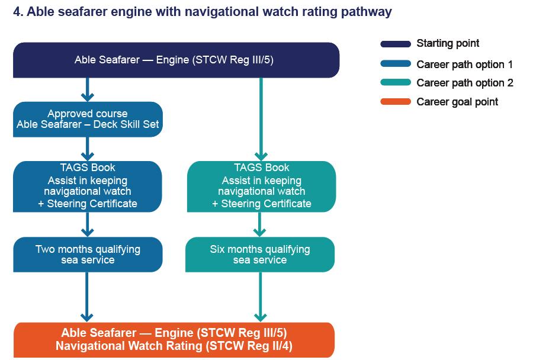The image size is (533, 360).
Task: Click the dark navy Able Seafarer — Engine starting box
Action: tap(176, 60)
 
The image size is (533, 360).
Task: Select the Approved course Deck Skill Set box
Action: tap(88, 119)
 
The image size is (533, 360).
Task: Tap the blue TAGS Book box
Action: tap(88, 186)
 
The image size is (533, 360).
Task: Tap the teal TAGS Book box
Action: tap(261, 186)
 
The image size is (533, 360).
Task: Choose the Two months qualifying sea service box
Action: tap(88, 255)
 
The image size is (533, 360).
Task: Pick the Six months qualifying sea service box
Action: tap(260, 255)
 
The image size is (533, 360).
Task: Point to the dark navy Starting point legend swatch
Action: tap(396, 44)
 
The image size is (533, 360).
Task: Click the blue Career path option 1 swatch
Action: tap(396, 64)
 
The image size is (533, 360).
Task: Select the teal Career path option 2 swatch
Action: tap(396, 83)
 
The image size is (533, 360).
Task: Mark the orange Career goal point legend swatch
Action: tap(396, 102)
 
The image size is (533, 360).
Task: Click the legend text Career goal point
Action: tap(457, 102)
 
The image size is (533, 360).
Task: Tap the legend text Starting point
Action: tap(448, 43)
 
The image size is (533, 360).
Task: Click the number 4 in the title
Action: tap(17, 12)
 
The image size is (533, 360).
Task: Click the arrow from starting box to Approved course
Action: tap(88, 89)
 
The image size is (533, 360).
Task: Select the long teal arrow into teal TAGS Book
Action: tap(261, 118)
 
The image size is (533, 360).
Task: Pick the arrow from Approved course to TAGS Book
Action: tap(88, 149)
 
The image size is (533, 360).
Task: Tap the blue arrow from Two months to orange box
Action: tap(88, 297)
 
